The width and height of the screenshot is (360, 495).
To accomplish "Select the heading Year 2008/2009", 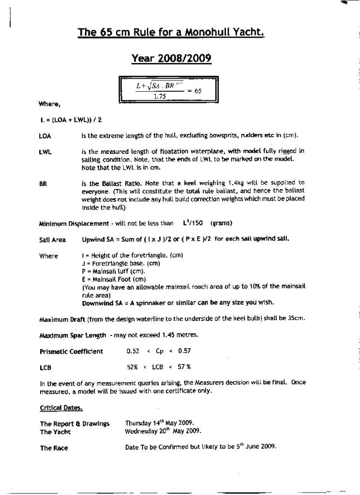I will tap(171, 59).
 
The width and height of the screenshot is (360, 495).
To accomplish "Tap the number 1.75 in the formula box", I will tap(160, 96).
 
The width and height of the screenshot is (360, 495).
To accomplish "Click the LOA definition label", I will tap(45, 136).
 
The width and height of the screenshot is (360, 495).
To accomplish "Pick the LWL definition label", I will tap(45, 152).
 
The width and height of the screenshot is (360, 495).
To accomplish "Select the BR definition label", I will tap(43, 184).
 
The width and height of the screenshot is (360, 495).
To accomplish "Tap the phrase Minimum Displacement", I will tap(74, 224).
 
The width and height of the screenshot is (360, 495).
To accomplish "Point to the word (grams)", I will tap(221, 223).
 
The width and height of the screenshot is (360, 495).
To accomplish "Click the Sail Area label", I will tap(52, 240).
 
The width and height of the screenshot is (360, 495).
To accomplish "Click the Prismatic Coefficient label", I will tap(71, 351).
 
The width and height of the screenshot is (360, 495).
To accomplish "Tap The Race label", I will tap(54, 448).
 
